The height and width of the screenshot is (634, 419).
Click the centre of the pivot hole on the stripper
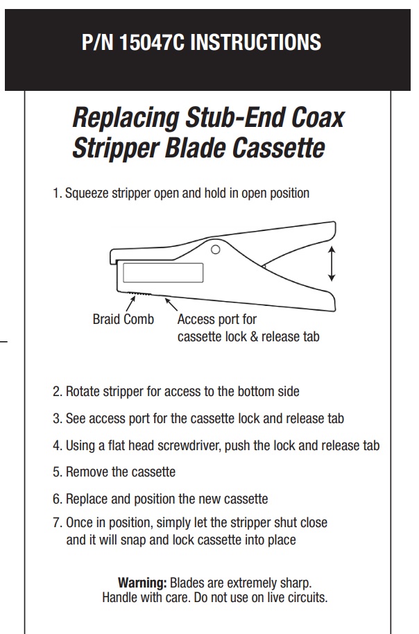pyautogui.click(x=216, y=250)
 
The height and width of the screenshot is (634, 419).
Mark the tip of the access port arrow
pyautogui.click(x=164, y=298)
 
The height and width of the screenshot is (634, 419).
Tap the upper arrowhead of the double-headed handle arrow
pyautogui.click(x=332, y=248)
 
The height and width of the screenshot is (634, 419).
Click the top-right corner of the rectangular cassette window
pyautogui.click(x=203, y=264)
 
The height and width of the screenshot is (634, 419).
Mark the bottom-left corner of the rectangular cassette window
pyautogui.click(x=123, y=282)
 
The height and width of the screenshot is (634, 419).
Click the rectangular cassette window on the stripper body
pyautogui.click(x=163, y=273)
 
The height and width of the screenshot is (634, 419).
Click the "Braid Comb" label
pyautogui.click(x=123, y=319)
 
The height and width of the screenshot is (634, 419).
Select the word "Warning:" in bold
pyautogui.click(x=142, y=583)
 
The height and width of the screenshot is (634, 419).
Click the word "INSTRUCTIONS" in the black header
pyautogui.click(x=255, y=42)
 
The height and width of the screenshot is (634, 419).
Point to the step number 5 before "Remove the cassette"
pyautogui.click(x=56, y=472)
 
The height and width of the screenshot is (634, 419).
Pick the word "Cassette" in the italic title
pyautogui.click(x=279, y=148)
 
